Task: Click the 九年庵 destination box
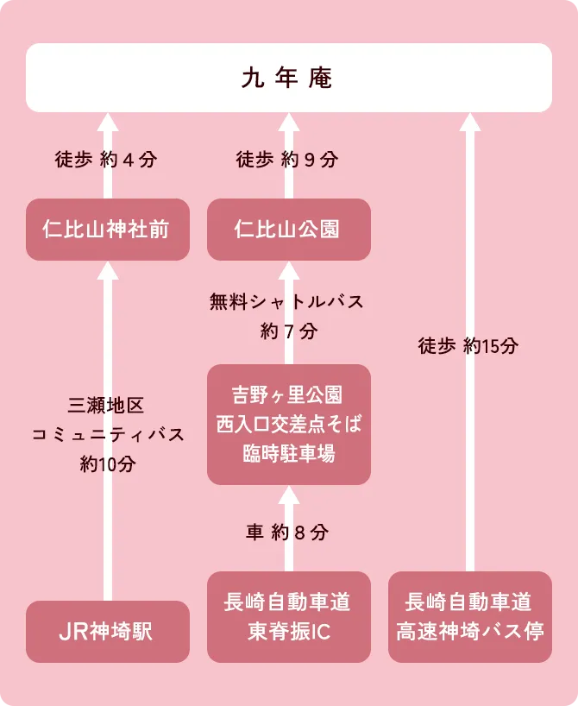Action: [x=288, y=78]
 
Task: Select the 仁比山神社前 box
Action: [x=107, y=230]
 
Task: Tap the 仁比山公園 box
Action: [x=288, y=230]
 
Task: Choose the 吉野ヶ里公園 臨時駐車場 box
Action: [x=288, y=424]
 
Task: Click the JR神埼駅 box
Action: [x=107, y=632]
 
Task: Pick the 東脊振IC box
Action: [x=288, y=617]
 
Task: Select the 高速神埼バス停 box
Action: [x=469, y=617]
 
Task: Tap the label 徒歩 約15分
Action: [x=468, y=346]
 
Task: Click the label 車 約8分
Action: [x=287, y=533]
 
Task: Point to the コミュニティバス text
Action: [x=108, y=434]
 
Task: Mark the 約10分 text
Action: [x=108, y=463]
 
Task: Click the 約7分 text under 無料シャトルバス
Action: [x=288, y=331]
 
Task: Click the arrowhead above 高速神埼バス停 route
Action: [x=469, y=122]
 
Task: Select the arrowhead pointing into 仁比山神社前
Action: [x=108, y=270]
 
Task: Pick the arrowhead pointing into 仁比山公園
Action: [x=288, y=270]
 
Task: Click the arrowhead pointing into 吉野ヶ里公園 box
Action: [x=288, y=495]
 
